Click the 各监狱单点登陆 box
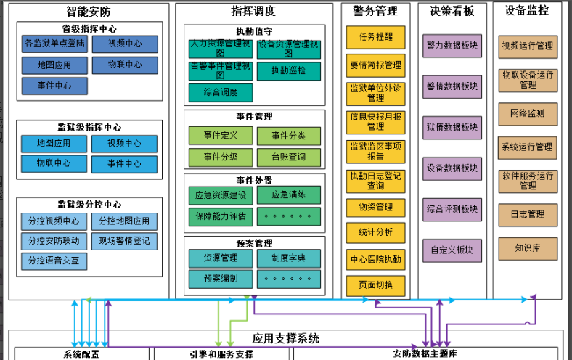point(54,44)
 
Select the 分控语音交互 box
point(54,260)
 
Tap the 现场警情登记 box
point(125,241)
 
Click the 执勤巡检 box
point(289,71)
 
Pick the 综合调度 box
point(221,93)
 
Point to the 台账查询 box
point(289,157)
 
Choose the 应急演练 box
point(289,195)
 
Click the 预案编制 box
point(221,278)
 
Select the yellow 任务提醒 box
point(375,37)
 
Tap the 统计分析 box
point(375,232)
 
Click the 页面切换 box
point(375,285)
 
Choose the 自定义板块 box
point(452,251)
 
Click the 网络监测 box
point(528,114)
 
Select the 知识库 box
point(528,248)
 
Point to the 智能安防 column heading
point(88,11)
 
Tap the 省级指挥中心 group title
point(89,29)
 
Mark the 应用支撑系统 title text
point(286,338)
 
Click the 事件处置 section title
point(254,180)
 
